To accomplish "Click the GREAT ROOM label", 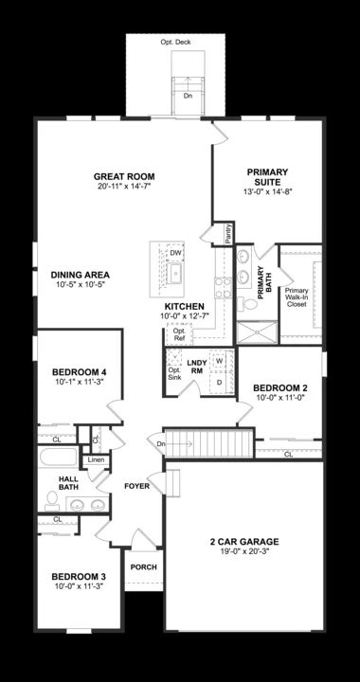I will tap(124, 176).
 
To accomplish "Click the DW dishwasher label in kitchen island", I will tap(175, 253).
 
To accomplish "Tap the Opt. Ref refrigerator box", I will tap(177, 333).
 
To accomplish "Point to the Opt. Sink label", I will tap(173, 373).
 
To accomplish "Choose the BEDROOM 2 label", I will tap(279, 387).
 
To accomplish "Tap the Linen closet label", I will tap(96, 460).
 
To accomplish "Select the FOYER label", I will tap(137, 486).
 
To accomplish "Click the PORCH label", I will tap(144, 567).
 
